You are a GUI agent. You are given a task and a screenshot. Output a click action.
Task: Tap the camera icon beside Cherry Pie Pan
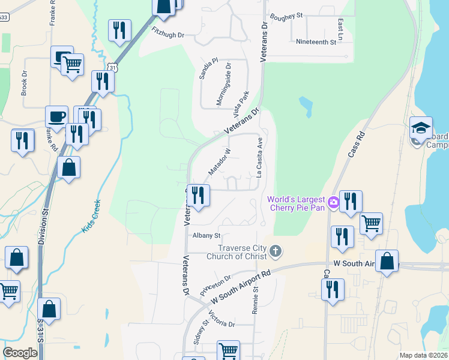[334, 204]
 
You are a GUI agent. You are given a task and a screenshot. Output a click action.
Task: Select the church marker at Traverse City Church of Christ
[275, 251]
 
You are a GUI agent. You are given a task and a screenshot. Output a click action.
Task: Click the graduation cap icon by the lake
[421, 128]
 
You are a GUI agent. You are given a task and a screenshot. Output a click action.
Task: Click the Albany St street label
[206, 236]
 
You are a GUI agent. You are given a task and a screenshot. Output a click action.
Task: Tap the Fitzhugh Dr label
[168, 35]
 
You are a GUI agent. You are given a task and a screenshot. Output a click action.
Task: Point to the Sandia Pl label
[207, 69]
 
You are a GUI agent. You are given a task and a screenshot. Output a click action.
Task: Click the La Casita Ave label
[260, 158]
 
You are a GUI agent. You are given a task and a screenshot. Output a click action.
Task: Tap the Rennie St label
[256, 298]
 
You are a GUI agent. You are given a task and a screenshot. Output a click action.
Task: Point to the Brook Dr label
[25, 83]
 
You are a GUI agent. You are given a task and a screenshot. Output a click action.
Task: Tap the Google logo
[20, 353]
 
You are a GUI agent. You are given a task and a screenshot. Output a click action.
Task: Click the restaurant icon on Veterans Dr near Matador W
[198, 195]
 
